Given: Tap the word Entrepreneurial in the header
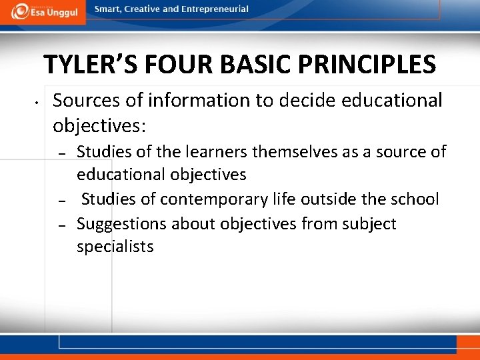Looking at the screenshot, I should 215,9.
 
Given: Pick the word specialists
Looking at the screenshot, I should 115,247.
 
